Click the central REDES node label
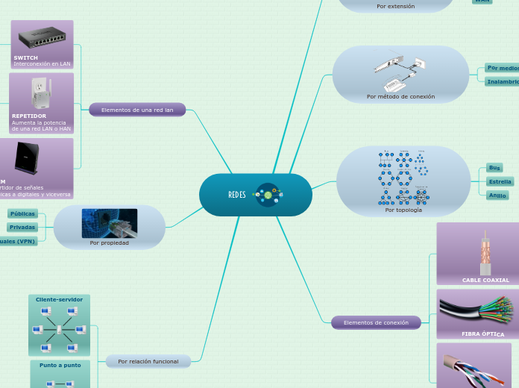click(237, 195)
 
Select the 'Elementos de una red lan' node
click(137, 110)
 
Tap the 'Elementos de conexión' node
click(376, 322)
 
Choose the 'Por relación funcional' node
click(148, 361)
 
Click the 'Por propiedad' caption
click(109, 242)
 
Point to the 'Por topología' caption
click(403, 210)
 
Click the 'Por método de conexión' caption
click(400, 96)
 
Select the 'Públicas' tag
click(23, 213)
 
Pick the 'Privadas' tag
click(22, 227)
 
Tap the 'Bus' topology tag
click(494, 168)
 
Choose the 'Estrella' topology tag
click(500, 181)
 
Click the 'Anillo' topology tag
click(497, 195)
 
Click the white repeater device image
click(40, 93)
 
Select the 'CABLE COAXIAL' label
click(485, 280)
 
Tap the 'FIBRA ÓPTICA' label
click(482, 334)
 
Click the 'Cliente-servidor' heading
click(59, 299)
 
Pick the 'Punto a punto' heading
click(60, 365)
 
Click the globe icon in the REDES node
click(268, 195)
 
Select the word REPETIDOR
click(29, 116)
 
